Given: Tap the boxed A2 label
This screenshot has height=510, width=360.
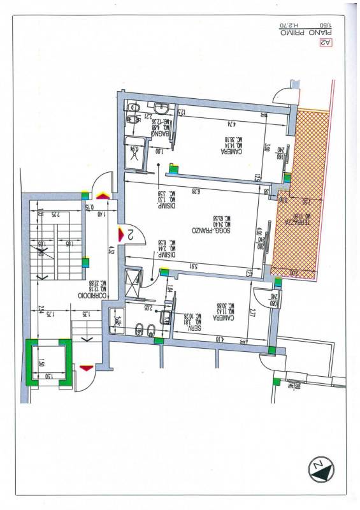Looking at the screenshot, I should (x=326, y=43).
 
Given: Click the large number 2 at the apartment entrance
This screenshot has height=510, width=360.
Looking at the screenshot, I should (x=129, y=234).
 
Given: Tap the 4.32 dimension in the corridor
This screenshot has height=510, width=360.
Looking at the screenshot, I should (x=111, y=250).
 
